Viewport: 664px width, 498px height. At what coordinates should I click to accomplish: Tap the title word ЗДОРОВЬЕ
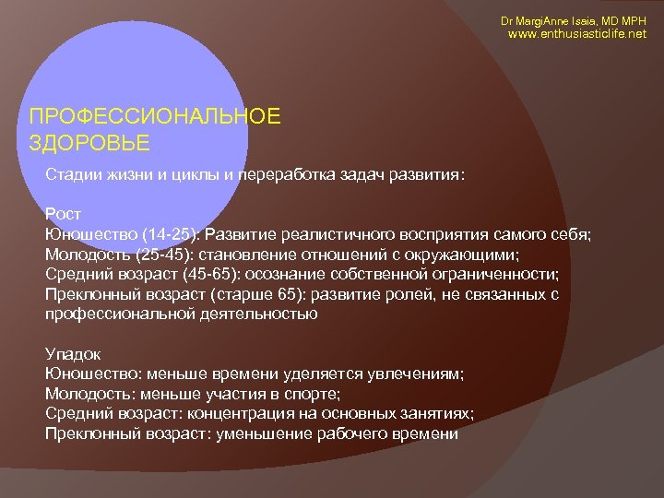[x=89, y=144]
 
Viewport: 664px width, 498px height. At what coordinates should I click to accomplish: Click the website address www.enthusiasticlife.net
[x=579, y=34]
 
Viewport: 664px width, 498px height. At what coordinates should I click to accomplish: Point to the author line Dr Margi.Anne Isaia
[x=545, y=19]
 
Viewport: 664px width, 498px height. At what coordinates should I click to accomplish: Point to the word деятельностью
[x=257, y=313]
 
